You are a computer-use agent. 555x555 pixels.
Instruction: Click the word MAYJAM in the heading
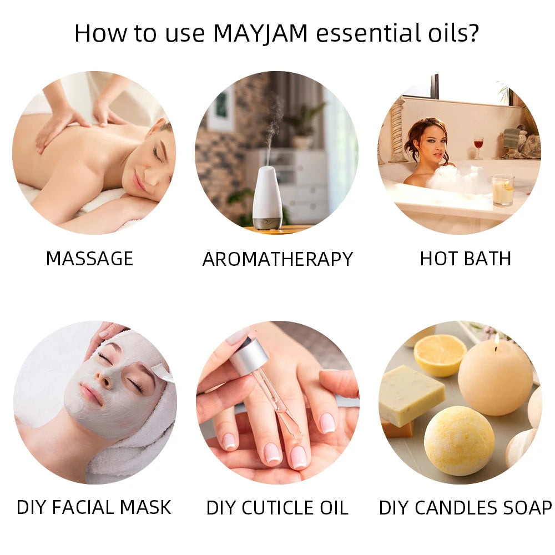click(x=260, y=33)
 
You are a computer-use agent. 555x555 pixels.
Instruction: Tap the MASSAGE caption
click(x=89, y=259)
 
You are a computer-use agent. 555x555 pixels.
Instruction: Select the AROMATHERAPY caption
click(x=277, y=259)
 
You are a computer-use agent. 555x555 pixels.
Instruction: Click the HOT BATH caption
click(x=465, y=259)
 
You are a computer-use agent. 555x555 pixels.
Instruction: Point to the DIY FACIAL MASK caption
click(x=94, y=507)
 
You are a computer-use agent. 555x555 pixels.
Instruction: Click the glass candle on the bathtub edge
click(x=502, y=190)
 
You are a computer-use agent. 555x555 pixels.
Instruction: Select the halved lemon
click(x=440, y=354)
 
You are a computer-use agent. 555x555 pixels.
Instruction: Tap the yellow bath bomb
click(x=459, y=440)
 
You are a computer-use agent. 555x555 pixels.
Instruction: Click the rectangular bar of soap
click(x=411, y=395)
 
